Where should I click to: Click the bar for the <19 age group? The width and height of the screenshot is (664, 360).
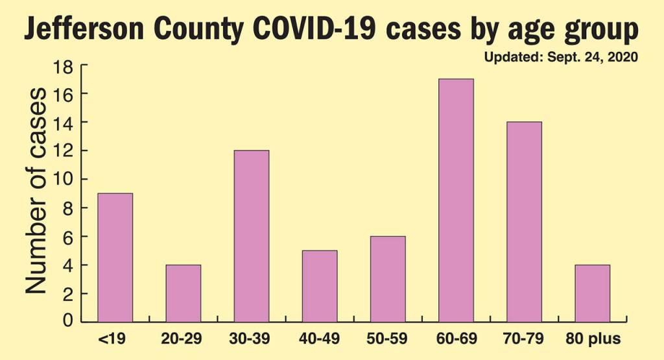coord(115,258)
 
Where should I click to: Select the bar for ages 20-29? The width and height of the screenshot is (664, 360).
coord(184,293)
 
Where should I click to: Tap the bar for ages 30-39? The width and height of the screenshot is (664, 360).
coord(252,236)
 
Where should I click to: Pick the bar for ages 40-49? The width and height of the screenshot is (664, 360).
coord(320,286)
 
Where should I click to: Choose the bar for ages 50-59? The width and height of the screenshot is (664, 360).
coord(388,279)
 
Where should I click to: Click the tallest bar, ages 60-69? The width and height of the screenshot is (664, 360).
coord(456,200)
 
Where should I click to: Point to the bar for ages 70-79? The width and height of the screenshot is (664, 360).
coord(524,222)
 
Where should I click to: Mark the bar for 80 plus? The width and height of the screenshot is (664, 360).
coord(592,293)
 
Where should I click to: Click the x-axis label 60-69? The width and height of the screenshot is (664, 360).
coord(456,339)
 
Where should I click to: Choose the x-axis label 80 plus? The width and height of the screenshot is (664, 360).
coord(591,339)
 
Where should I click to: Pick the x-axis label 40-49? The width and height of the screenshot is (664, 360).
coord(320,339)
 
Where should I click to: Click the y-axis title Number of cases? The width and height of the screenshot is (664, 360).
coord(36,191)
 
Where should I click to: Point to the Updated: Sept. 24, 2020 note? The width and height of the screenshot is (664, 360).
coord(562,57)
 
